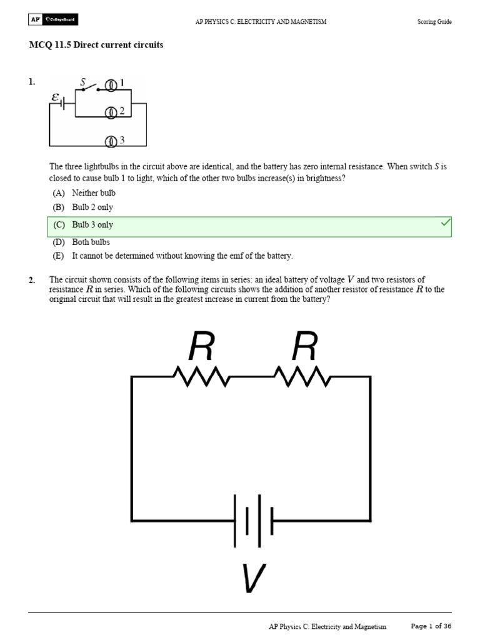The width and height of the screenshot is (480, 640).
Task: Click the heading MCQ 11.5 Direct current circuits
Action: tap(96, 46)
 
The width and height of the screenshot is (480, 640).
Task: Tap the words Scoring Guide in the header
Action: tap(434, 22)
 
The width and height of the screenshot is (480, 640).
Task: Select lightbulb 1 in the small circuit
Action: tap(111, 84)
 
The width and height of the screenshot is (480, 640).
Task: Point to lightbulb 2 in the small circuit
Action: tap(111, 112)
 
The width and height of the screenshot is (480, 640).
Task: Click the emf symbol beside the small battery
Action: tap(56, 97)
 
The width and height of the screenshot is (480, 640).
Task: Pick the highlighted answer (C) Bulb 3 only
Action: tap(92, 225)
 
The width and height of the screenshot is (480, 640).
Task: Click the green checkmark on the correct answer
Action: tap(446, 223)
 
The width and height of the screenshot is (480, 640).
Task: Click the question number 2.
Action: tap(31, 280)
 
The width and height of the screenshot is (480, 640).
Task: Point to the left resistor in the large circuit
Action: tap(201, 377)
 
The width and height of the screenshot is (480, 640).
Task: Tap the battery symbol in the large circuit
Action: tap(253, 521)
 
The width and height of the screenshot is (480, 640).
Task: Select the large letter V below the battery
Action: tap(253, 579)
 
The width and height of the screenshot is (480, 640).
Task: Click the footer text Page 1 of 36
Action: tap(431, 626)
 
